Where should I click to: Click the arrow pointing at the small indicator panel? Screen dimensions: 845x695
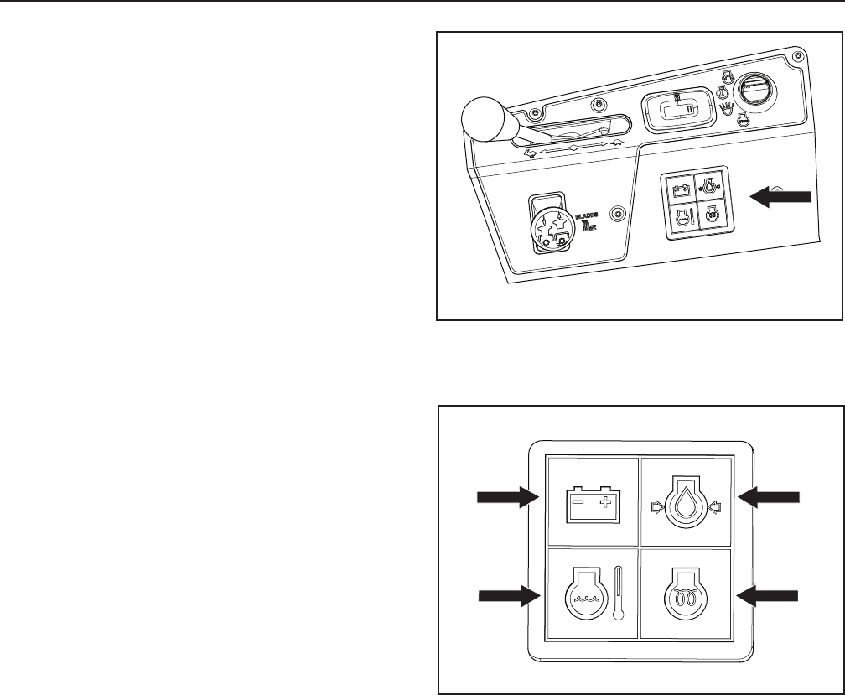point(780,195)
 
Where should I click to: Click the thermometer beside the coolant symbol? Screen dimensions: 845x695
point(618,592)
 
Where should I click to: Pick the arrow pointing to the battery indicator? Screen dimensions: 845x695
point(506,497)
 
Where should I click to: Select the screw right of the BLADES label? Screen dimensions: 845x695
point(618,214)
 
